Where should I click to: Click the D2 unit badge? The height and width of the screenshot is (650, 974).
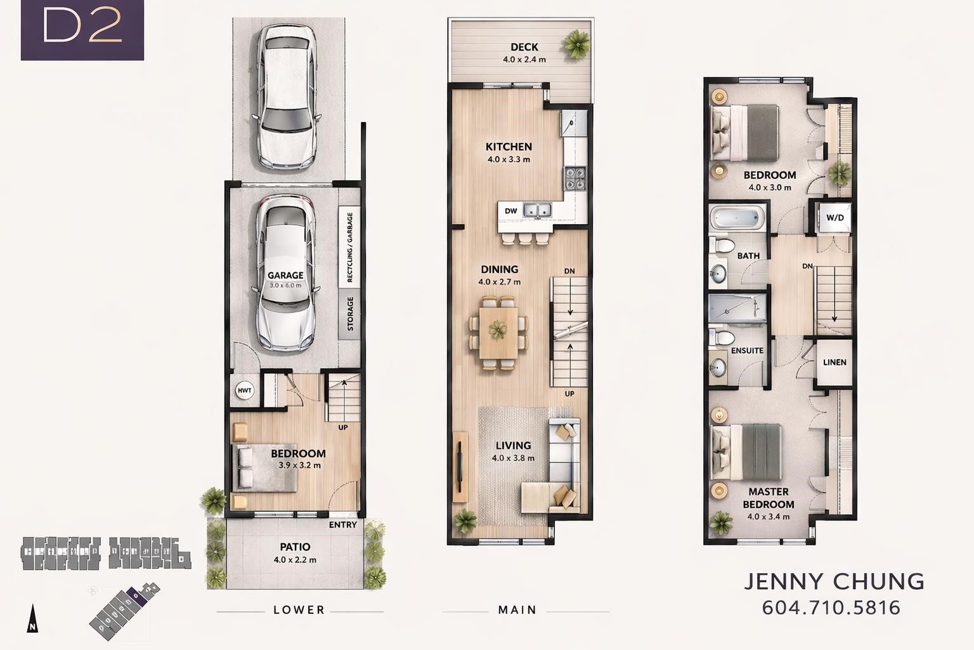coord(82,30)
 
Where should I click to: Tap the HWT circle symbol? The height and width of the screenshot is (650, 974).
coord(244,390)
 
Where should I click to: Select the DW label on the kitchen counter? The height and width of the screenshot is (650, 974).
coord(511,211)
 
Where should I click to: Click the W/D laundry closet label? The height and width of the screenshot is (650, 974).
coord(835,218)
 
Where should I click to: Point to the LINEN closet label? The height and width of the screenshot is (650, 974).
coord(834,362)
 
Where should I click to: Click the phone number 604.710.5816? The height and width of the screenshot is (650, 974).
coord(831,607)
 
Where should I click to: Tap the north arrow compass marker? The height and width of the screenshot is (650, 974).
coord(32,618)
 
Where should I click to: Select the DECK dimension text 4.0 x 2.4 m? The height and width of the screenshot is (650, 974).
coord(524,60)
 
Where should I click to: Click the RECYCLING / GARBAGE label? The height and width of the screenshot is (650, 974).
coord(349,248)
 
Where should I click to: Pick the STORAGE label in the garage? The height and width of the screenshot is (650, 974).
coord(350,314)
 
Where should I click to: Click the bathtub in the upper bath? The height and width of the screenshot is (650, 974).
coord(737,218)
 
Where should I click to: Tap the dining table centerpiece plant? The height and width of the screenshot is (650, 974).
coord(498,329)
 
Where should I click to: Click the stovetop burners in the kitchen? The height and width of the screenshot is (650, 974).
coord(575,179)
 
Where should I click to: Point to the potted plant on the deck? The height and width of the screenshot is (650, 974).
coord(577,44)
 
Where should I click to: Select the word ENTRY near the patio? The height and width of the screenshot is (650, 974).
coord(342,525)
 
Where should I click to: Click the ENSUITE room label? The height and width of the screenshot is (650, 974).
coord(747,350)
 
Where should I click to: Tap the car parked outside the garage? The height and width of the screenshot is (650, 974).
coord(286,96)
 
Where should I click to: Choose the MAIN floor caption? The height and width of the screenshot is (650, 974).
coord(517,610)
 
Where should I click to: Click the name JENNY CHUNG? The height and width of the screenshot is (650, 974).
coord(834,581)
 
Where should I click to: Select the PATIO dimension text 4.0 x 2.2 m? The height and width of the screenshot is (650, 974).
coord(295,560)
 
